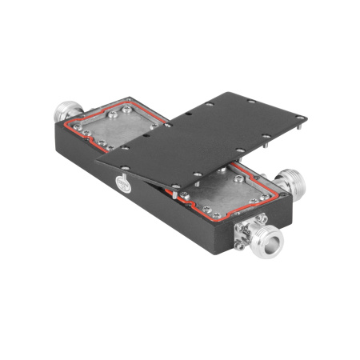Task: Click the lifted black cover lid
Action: point(208,132)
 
